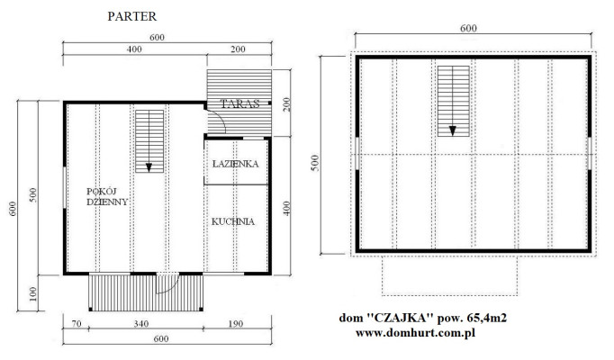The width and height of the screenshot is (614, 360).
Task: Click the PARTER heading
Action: [x=132, y=16]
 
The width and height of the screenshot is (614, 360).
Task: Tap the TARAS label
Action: [x=240, y=104]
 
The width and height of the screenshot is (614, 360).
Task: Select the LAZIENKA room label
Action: [x=235, y=164]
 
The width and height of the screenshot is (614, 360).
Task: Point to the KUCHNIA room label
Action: [x=233, y=222]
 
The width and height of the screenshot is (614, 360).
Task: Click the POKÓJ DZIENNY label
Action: [x=107, y=197]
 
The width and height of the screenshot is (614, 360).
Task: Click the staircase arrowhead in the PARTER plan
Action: [x=149, y=167]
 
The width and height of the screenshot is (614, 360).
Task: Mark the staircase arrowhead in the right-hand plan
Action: [x=453, y=130]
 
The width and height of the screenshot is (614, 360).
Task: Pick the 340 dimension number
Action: [x=141, y=324]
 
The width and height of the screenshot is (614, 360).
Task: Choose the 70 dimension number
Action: [x=77, y=324]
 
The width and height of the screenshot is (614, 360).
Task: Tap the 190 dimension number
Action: [x=236, y=324]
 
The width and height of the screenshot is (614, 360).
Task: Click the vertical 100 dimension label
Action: [x=33, y=294]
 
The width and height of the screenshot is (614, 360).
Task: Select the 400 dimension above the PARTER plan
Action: [x=134, y=49]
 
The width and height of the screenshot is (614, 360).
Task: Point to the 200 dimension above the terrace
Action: [x=238, y=49]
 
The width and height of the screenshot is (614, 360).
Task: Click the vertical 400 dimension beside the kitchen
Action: [x=286, y=208]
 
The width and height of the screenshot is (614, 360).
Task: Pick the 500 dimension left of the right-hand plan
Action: [x=316, y=163]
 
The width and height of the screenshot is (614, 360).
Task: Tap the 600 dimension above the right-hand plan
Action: [x=468, y=28]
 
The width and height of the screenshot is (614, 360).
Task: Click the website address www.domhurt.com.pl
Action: [x=415, y=333]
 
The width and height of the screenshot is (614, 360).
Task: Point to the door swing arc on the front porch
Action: [x=172, y=288]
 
